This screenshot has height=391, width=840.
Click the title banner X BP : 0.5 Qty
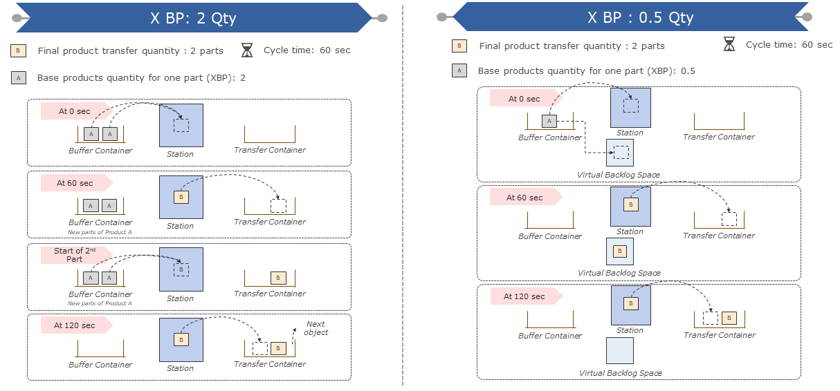click(640, 17)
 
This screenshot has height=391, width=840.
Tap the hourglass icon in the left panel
click(247, 50)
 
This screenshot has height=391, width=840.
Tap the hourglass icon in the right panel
click(729, 45)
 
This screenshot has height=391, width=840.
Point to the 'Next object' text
click(316, 328)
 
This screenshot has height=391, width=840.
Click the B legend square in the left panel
click(19, 50)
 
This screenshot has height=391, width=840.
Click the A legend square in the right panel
click(459, 70)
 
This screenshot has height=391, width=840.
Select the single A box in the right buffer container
click(549, 121)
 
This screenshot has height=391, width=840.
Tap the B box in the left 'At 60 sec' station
click(181, 197)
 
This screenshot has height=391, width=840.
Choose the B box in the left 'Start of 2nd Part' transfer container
click(277, 278)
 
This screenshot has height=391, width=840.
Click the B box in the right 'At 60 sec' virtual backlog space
click(619, 251)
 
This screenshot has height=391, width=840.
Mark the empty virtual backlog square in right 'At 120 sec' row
click(619, 350)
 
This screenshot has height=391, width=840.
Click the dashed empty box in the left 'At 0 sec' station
click(181, 125)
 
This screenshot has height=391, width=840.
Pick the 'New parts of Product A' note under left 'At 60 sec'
click(100, 231)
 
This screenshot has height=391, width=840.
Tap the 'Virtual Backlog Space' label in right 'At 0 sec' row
click(619, 175)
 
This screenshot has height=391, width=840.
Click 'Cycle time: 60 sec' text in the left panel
click(307, 50)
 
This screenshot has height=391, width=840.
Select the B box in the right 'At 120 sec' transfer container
click(729, 318)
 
